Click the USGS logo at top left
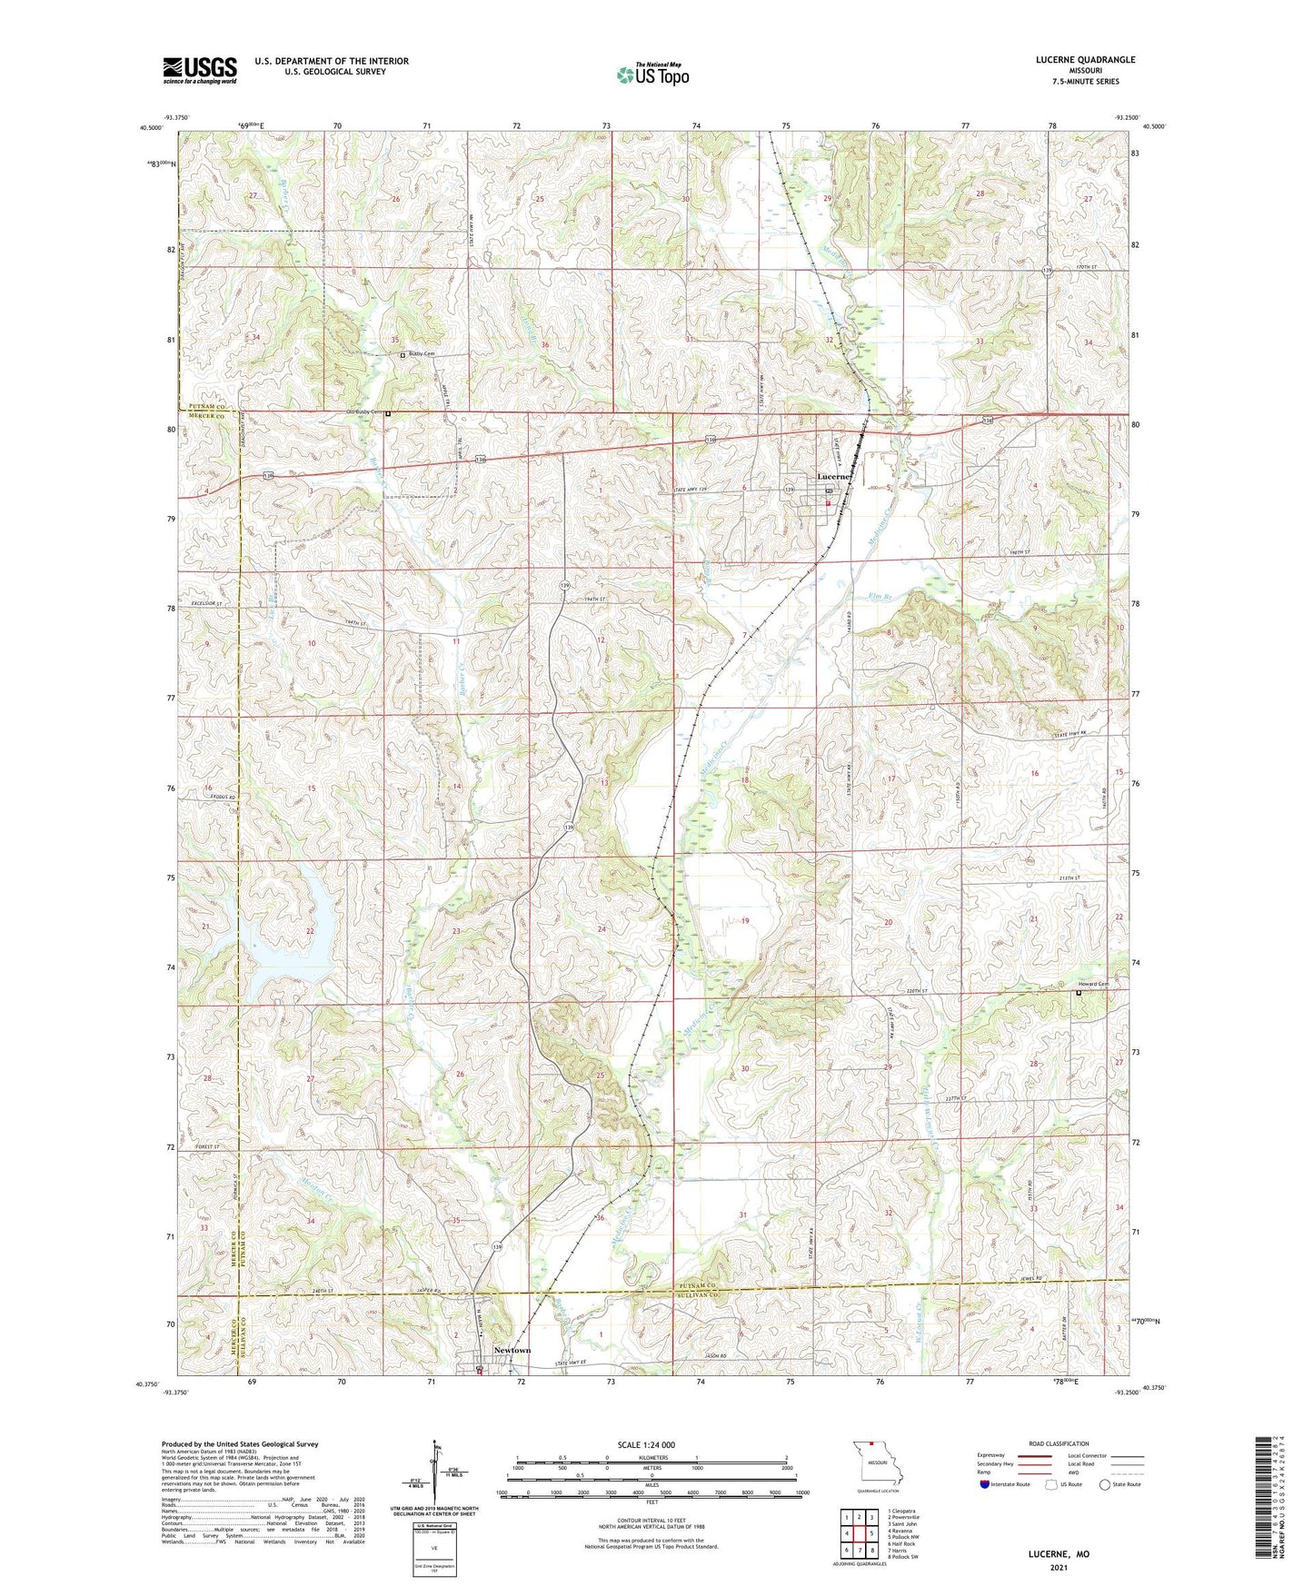(x=200, y=70)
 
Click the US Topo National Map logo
(x=652, y=74)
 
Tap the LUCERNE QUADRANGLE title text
(x=1085, y=60)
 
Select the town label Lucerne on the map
(x=833, y=476)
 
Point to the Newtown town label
(x=512, y=1350)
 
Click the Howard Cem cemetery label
(x=1093, y=984)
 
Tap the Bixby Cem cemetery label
(x=422, y=354)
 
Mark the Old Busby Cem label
(x=364, y=412)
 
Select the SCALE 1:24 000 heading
(x=646, y=1445)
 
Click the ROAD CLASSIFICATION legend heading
(x=1059, y=1443)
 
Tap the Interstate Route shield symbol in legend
(x=985, y=1484)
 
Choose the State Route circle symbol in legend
(x=1105, y=1484)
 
